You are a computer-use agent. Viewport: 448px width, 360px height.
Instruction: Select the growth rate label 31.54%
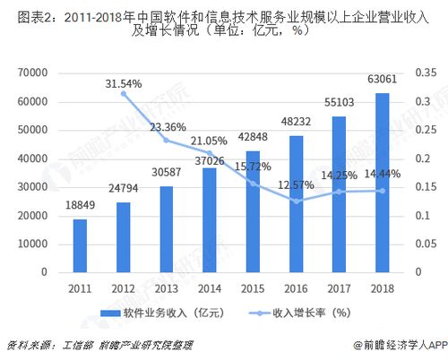[123, 83]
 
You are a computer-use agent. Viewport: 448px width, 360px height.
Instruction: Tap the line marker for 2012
[123, 94]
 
